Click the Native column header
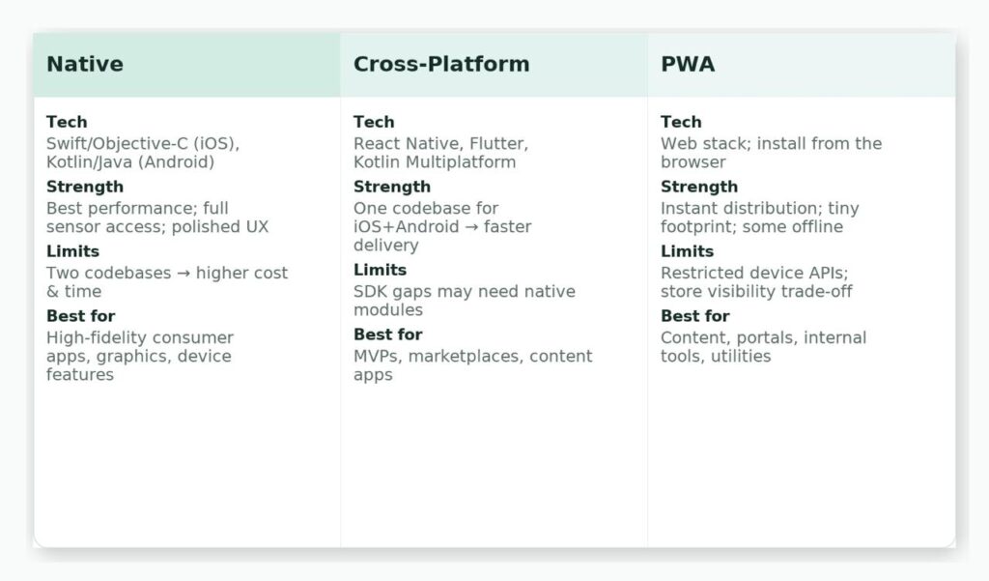[85, 64]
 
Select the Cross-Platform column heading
[440, 64]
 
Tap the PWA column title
[688, 64]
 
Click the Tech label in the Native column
[67, 122]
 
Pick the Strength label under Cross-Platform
[392, 187]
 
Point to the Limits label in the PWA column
[687, 251]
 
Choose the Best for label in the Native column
[81, 316]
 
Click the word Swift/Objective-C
[117, 144]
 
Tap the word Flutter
[498, 144]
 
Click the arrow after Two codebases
[183, 274]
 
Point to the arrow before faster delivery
[471, 227]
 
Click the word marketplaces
[466, 357]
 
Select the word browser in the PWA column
[693, 162]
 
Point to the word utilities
[741, 357]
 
